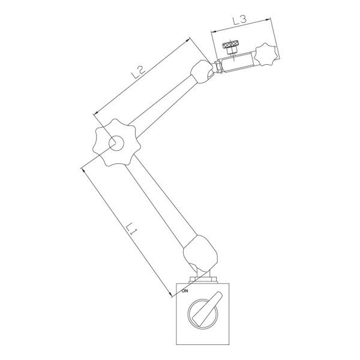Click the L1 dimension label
click(x=131, y=229)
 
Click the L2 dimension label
click(x=138, y=72)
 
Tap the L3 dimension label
click(x=239, y=20)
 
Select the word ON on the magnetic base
click(x=185, y=291)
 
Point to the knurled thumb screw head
click(x=230, y=44)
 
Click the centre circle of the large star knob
click(x=116, y=143)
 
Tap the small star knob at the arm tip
click(x=266, y=54)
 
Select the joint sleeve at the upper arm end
click(x=202, y=71)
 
